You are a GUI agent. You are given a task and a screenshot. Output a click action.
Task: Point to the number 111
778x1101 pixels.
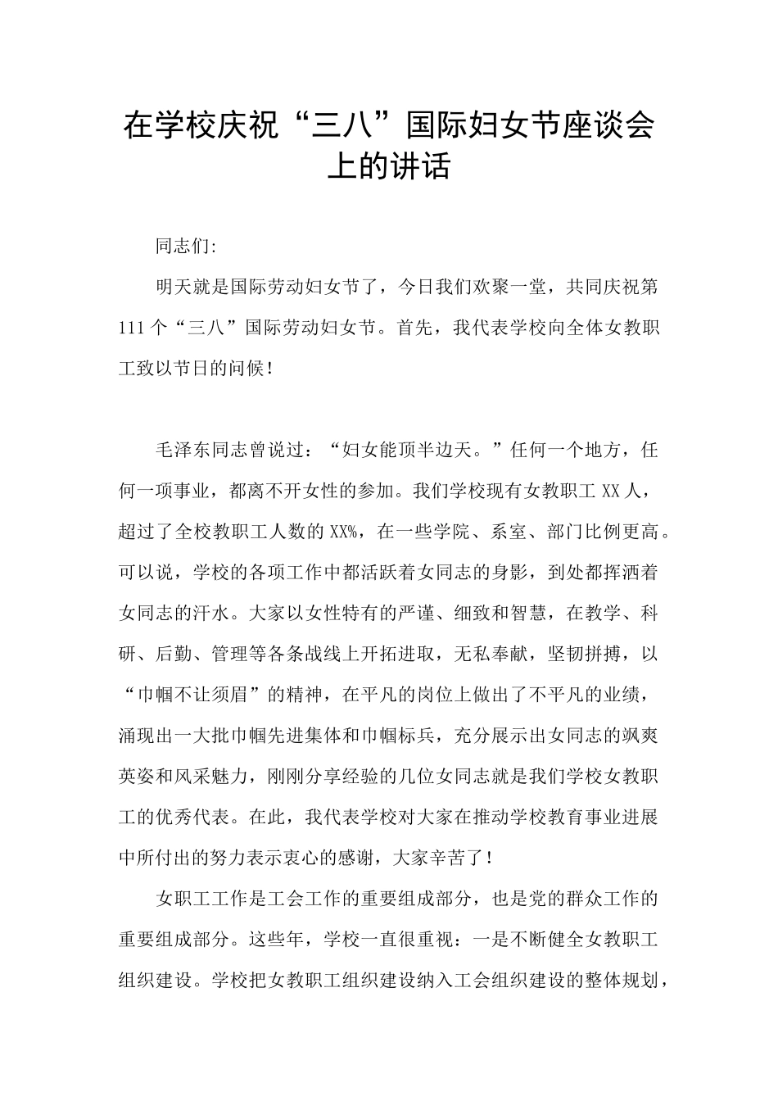pyautogui.click(x=132, y=328)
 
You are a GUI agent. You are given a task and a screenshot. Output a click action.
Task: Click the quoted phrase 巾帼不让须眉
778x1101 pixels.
pyautogui.click(x=200, y=695)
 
